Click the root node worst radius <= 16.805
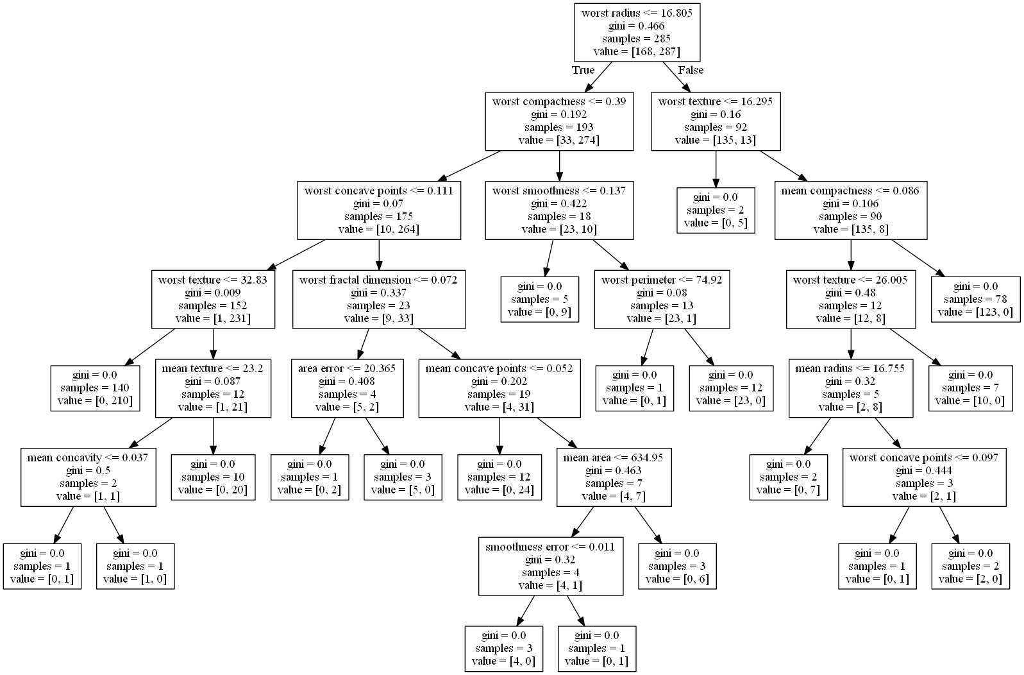636,32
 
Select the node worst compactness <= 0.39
559,121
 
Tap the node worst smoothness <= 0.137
559,210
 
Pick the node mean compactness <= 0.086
851,210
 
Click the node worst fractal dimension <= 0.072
378,299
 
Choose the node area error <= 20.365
347,388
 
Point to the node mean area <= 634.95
614,477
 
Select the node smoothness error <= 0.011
550,566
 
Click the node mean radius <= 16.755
850,388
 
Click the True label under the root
583,70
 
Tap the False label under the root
691,70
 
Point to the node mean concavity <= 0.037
88,477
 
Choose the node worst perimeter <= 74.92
662,299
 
